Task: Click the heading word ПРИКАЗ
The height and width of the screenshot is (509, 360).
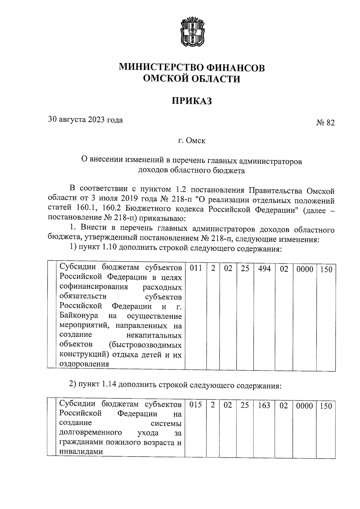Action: point(192,101)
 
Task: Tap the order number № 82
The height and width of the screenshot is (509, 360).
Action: point(325,123)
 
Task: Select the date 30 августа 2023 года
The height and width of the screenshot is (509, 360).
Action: point(85,120)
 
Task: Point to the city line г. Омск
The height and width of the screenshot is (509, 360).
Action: point(192,141)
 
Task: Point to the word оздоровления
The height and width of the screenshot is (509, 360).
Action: point(84,364)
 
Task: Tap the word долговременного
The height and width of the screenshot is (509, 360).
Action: point(91,433)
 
